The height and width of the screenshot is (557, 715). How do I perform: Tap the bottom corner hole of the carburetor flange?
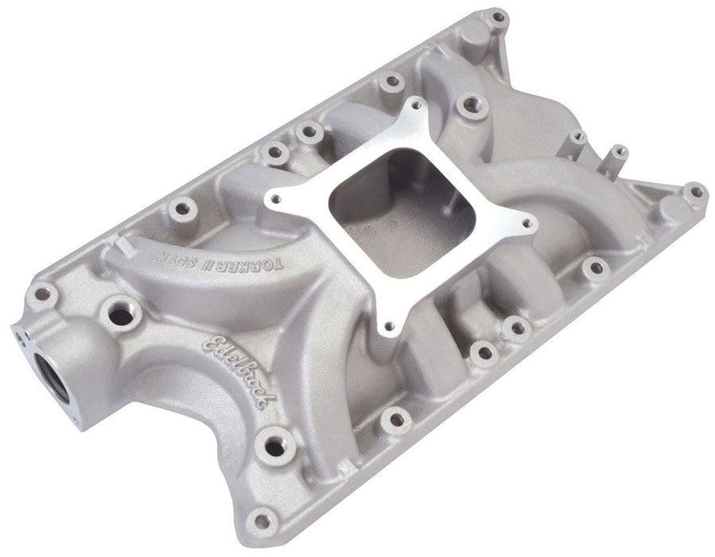[389, 325]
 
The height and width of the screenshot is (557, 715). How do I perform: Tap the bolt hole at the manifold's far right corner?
[696, 191]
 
